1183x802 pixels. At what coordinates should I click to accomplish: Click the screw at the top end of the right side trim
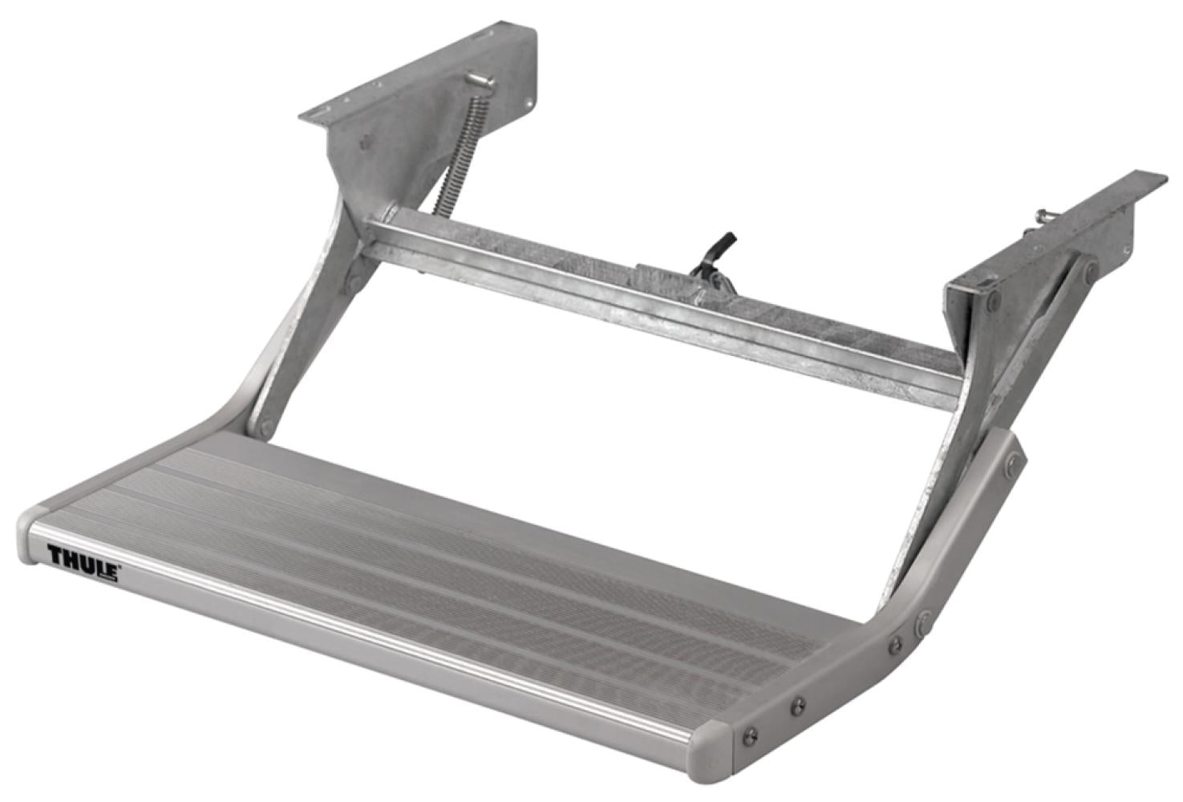(1015, 458)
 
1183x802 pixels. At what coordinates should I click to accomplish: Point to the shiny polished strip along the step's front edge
(361, 634)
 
